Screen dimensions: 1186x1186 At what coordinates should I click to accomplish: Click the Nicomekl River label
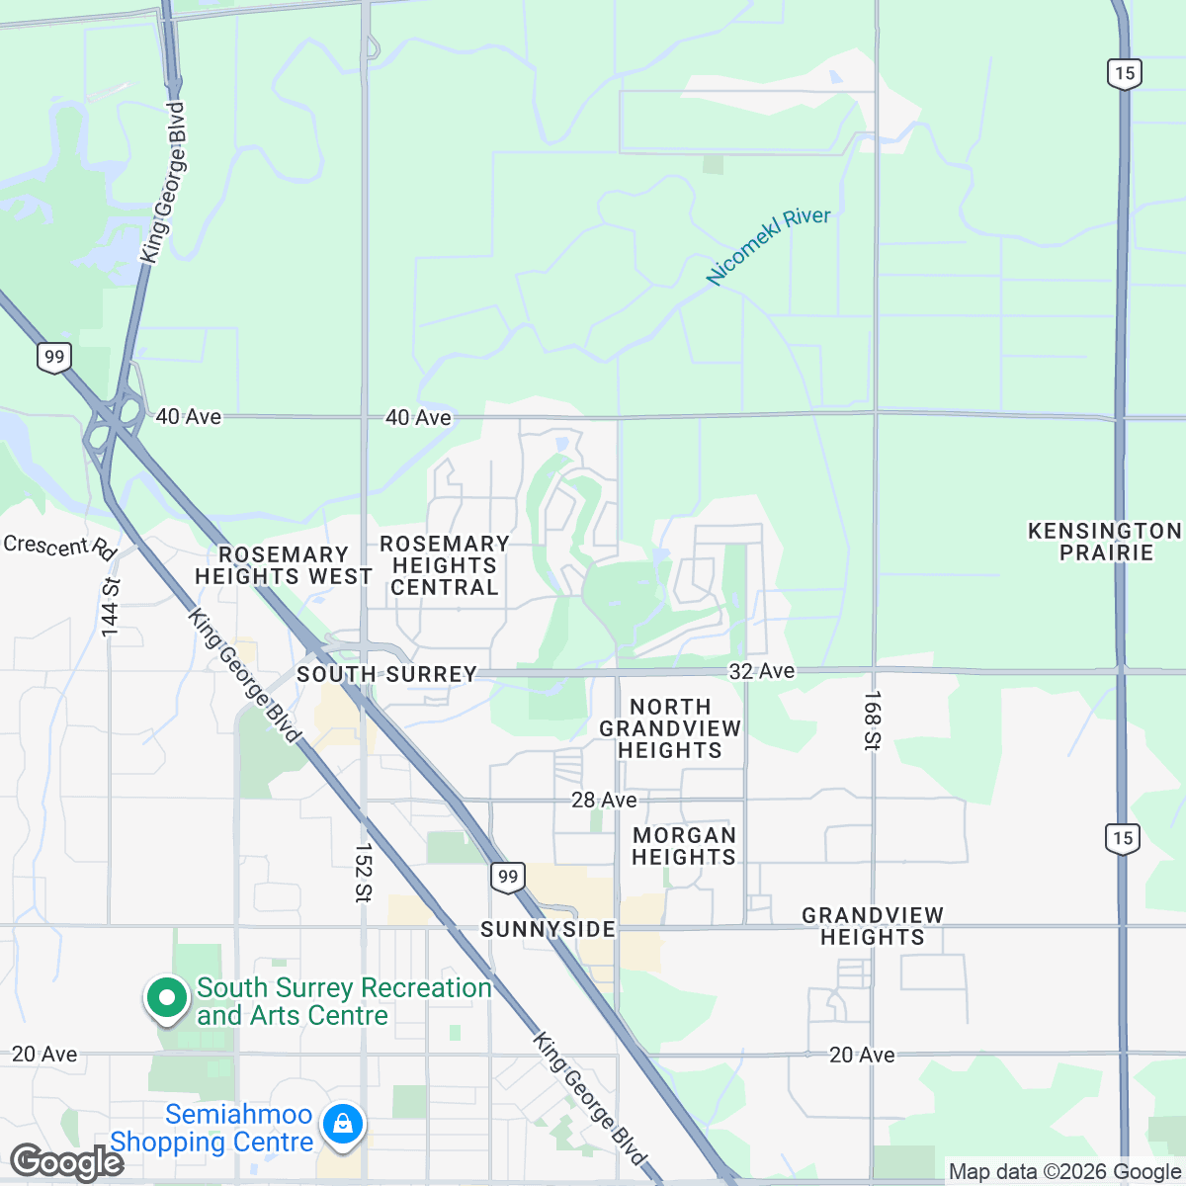pyautogui.click(x=768, y=246)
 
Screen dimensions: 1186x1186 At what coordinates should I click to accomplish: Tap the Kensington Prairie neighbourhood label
pyautogui.click(x=1105, y=542)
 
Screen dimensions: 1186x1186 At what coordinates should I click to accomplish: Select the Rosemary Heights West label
pyautogui.click(x=284, y=565)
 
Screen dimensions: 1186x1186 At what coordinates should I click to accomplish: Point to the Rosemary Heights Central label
pyautogui.click(x=445, y=565)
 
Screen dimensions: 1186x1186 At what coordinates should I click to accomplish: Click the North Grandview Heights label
pyautogui.click(x=670, y=728)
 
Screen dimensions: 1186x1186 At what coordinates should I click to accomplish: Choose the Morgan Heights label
pyautogui.click(x=684, y=846)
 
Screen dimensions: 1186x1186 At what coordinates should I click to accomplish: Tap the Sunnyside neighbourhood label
pyautogui.click(x=548, y=929)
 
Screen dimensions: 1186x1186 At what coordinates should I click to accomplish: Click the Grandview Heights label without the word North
pyautogui.click(x=873, y=926)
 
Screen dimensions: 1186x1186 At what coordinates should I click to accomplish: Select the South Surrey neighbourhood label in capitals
pyautogui.click(x=387, y=674)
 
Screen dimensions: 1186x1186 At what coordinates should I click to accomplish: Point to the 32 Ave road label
pyautogui.click(x=761, y=671)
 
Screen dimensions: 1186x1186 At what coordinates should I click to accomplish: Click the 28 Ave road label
pyautogui.click(x=604, y=800)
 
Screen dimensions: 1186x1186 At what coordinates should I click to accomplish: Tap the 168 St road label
pyautogui.click(x=872, y=720)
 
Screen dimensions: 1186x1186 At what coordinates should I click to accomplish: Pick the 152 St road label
pyautogui.click(x=363, y=872)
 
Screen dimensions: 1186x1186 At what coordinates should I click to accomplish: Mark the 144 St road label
pyautogui.click(x=110, y=606)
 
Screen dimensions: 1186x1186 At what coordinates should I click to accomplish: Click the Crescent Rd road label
pyautogui.click(x=59, y=547)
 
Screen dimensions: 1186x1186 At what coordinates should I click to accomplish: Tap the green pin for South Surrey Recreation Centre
pyautogui.click(x=167, y=997)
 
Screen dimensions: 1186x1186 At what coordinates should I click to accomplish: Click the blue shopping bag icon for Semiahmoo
pyautogui.click(x=342, y=1124)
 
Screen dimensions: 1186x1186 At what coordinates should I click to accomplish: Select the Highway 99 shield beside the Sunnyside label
pyautogui.click(x=507, y=877)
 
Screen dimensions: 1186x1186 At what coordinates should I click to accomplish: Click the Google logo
pyautogui.click(x=67, y=1162)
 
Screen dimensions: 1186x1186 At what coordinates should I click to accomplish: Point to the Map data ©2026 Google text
pyautogui.click(x=1063, y=1172)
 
